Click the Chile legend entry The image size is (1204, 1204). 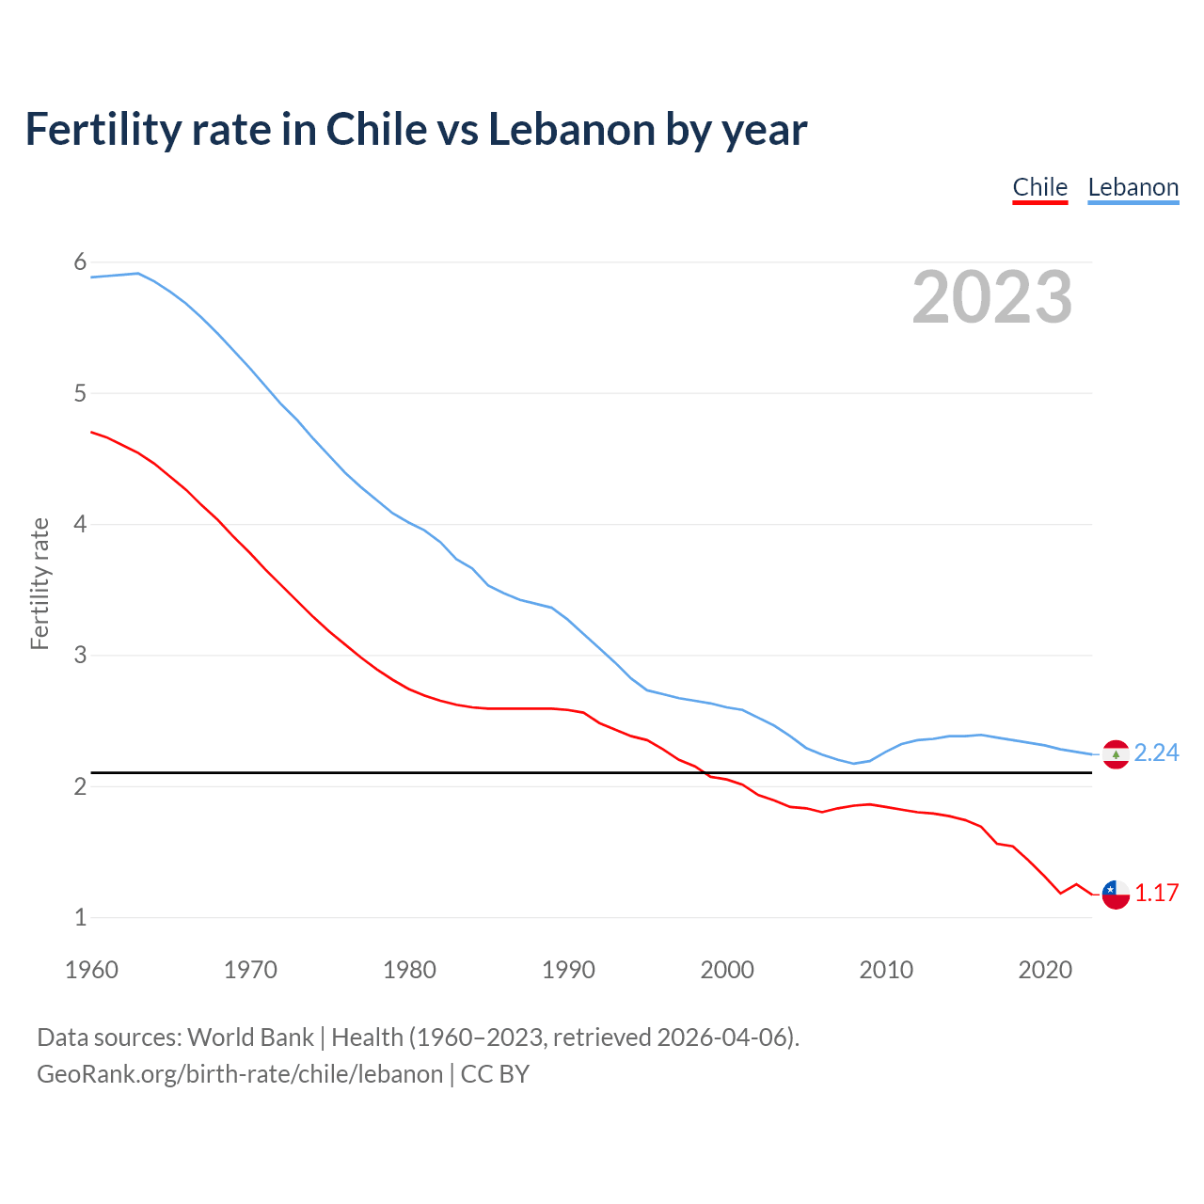pos(1039,187)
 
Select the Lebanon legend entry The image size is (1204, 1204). pos(1133,187)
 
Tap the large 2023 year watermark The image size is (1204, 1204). pos(991,297)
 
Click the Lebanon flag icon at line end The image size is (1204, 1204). pos(1116,754)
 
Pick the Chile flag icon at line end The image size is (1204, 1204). pos(1116,895)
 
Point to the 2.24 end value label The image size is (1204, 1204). pos(1156,753)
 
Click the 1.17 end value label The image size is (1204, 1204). pos(1156,894)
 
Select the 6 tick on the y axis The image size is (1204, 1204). pos(80,262)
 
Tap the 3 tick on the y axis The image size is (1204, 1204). pos(80,656)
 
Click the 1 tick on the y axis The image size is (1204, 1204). pos(80,918)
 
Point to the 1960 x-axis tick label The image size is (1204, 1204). pos(91,970)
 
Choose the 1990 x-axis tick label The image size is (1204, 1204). pos(568,970)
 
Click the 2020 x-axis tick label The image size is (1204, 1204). pos(1045,970)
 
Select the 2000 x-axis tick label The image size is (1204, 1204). pos(727,970)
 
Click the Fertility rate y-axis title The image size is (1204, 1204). pos(40,583)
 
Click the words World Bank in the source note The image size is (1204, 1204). pos(250,1038)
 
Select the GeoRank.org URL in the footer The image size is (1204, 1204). pos(239,1074)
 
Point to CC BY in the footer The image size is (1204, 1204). pos(495,1074)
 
